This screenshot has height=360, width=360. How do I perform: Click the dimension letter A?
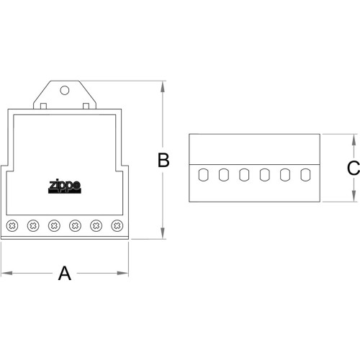[65, 273]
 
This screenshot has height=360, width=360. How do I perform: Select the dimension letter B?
[163, 160]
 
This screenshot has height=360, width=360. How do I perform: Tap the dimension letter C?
[354, 168]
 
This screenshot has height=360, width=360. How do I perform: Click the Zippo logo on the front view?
[65, 186]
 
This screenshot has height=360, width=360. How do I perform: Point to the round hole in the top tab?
[65, 91]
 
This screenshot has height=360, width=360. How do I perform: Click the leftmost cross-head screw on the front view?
[12, 225]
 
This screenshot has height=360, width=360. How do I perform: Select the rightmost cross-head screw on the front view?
[117, 225]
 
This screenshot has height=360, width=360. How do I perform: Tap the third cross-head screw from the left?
[54, 225]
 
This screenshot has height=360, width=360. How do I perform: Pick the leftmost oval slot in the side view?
[203, 175]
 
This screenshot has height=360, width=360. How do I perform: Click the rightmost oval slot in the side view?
[305, 175]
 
